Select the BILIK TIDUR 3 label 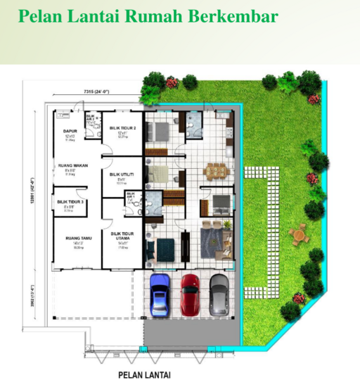(70, 202)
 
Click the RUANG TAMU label (75, 237)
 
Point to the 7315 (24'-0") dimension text (98, 91)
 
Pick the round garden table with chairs (299, 234)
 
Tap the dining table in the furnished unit (215, 170)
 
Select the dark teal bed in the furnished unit (165, 248)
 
